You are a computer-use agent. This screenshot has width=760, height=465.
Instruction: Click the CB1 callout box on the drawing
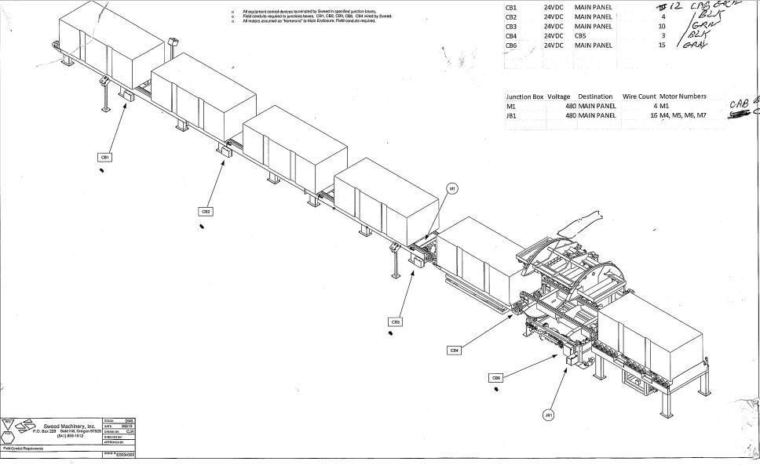coord(104,157)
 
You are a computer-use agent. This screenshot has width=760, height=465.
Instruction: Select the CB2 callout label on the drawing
coord(206,211)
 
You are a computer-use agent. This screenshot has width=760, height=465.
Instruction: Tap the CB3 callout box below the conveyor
coord(396,322)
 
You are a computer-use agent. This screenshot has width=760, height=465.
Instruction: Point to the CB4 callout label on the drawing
coord(454,351)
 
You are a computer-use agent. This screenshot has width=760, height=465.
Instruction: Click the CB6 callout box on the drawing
coord(495,378)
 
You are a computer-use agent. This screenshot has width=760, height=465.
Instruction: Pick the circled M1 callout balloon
coord(452,188)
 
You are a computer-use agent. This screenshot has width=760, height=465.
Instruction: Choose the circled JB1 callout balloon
coord(548,414)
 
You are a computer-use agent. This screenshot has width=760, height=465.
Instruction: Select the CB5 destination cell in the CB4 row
coord(580,36)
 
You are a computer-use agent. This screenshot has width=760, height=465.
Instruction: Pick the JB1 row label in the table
coord(512,115)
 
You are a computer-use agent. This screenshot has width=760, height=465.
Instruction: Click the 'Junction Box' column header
coord(524,96)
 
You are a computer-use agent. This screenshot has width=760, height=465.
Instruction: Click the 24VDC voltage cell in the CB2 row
coord(554,17)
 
